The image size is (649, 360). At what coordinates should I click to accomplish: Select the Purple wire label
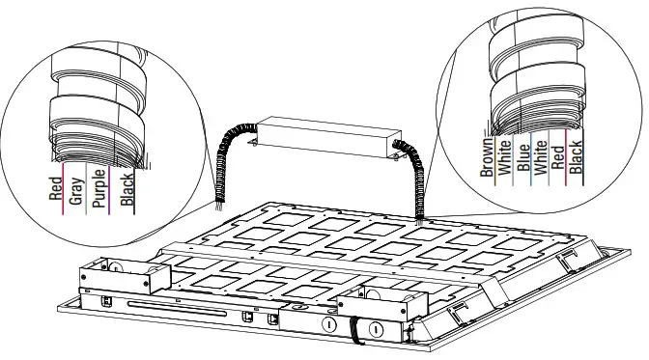click(100, 188)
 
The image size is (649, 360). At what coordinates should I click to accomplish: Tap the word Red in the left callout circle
click(56, 186)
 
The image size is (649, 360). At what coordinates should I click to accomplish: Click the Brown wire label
click(487, 158)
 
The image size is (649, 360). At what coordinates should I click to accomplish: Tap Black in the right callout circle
click(577, 158)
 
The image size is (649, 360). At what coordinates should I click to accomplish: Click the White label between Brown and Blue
click(504, 158)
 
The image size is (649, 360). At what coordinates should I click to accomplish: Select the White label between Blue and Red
click(540, 158)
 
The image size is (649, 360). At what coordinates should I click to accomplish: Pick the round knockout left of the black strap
click(329, 325)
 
